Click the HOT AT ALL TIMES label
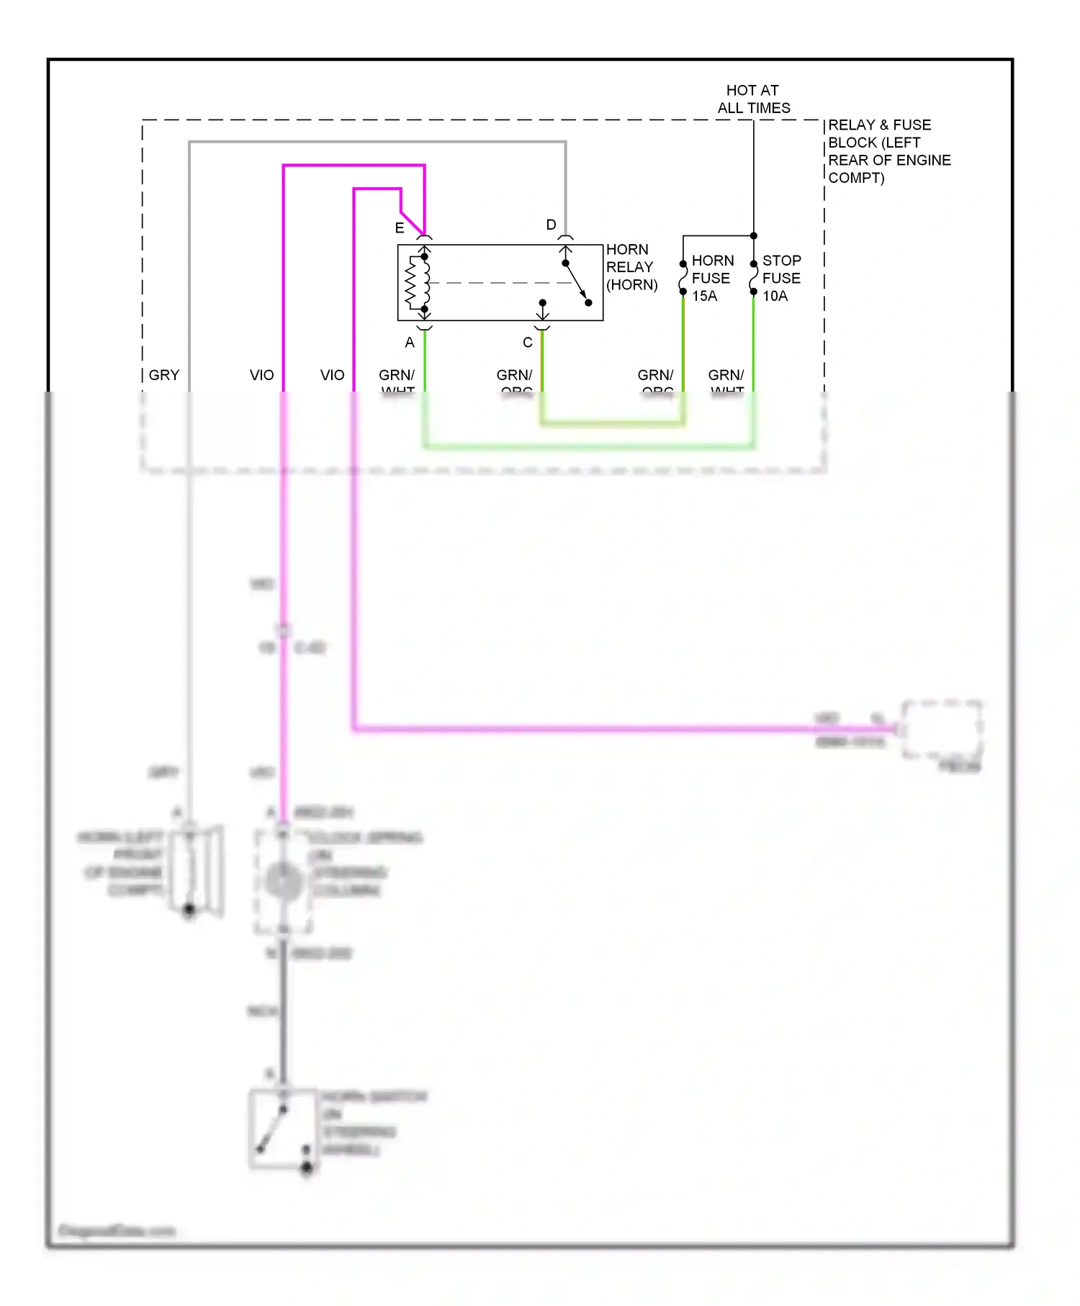(753, 99)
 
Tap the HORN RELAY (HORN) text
(631, 267)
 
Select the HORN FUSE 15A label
(712, 278)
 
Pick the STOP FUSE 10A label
(781, 278)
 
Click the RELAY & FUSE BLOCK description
(888, 151)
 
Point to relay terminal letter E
(400, 228)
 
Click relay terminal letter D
(551, 225)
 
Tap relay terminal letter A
(410, 343)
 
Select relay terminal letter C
(528, 343)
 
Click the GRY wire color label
(164, 375)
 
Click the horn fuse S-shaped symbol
(683, 278)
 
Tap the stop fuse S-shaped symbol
(753, 278)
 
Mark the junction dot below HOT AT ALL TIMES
(754, 235)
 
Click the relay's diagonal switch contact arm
(577, 282)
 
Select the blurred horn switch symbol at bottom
(283, 1129)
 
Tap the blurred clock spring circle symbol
(284, 881)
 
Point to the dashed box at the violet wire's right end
(942, 729)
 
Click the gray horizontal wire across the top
(377, 143)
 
